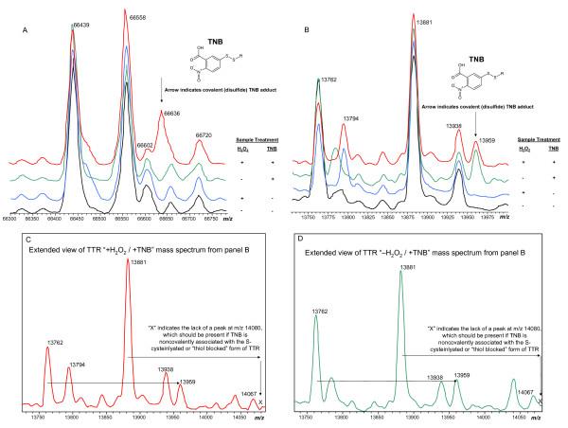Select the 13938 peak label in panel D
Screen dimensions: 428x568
coord(435,377)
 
